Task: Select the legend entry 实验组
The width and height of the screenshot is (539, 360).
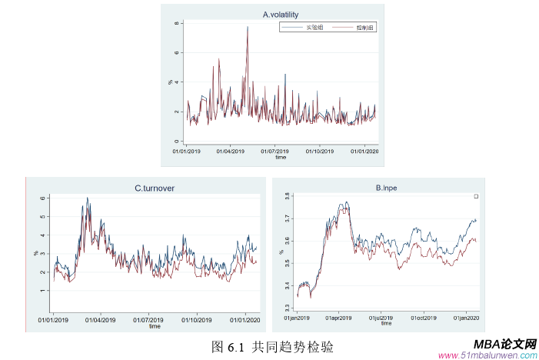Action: [x=314, y=28]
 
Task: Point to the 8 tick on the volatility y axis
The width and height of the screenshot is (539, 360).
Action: [x=177, y=24]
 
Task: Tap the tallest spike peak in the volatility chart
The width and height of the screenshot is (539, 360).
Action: [x=248, y=27]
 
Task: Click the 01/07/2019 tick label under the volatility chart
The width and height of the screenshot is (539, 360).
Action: [x=273, y=151]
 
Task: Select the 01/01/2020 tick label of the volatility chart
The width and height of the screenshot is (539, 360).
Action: [x=364, y=151]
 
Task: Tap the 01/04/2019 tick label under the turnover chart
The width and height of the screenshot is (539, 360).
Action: [x=100, y=319]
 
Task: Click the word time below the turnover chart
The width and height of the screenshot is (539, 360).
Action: [x=155, y=326]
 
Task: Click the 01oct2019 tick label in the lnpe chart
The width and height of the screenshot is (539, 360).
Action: [x=424, y=316]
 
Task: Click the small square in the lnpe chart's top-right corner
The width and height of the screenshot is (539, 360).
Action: [x=476, y=197]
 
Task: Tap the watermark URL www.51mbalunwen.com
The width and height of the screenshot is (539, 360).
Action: [x=487, y=355]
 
